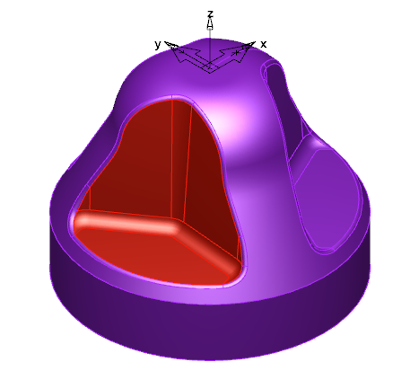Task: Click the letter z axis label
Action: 210,14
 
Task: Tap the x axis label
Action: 263,44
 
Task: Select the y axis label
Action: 158,45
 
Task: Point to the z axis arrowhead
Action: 210,24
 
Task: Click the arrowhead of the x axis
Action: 249,46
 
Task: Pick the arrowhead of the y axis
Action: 171,45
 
